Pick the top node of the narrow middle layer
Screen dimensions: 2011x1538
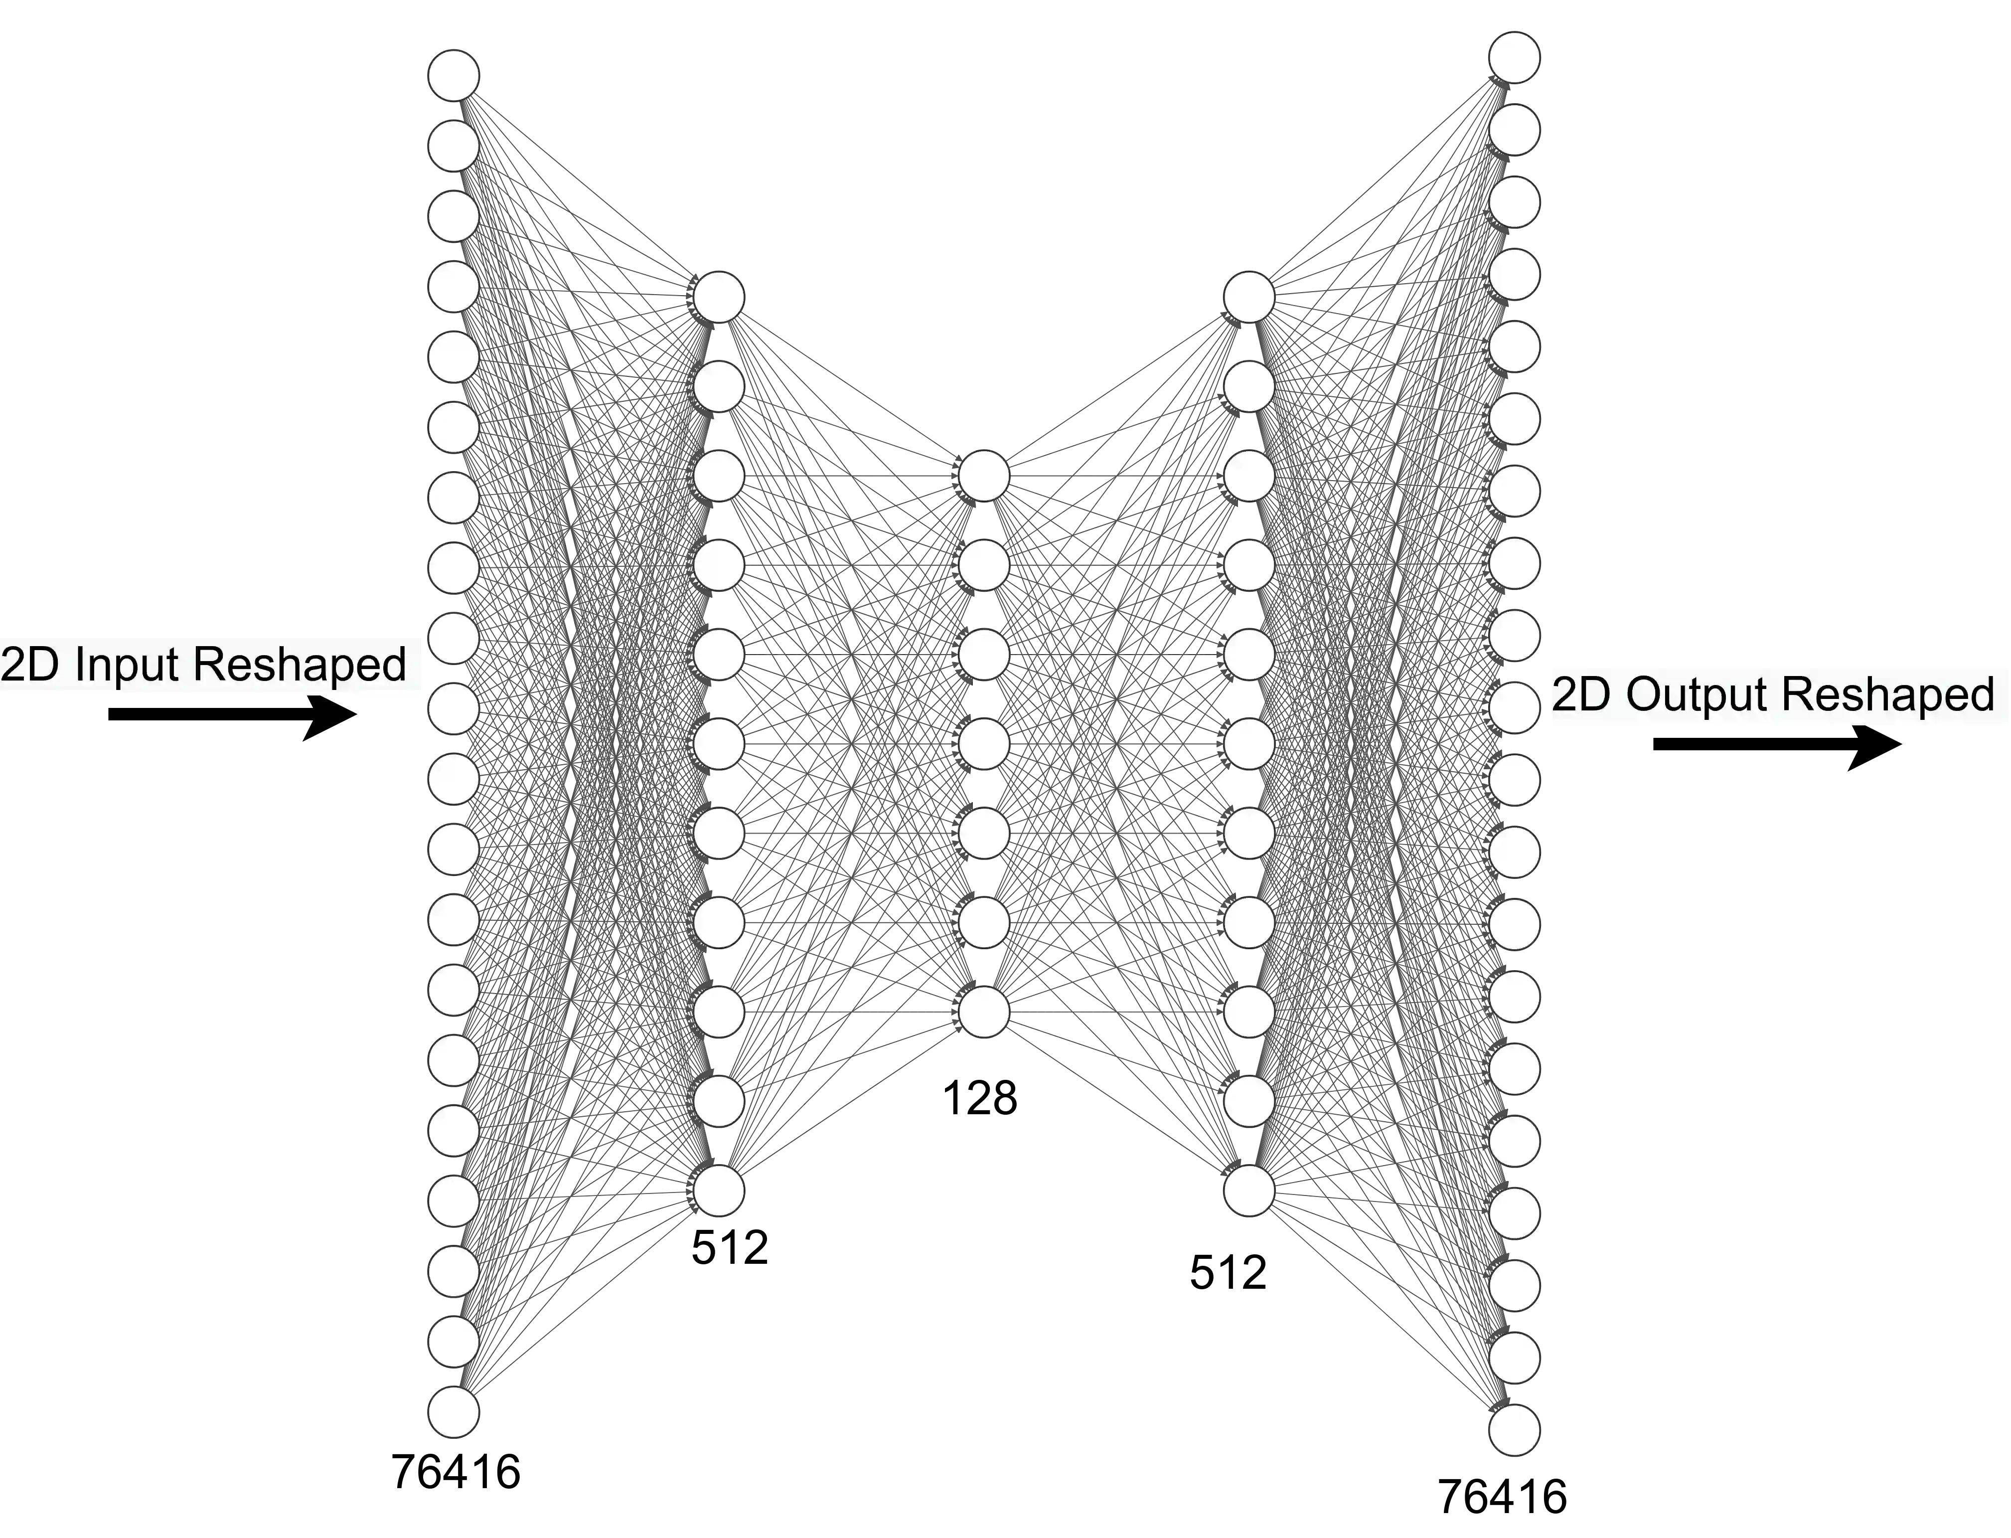click(x=984, y=476)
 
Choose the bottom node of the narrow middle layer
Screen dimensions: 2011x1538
click(x=984, y=1012)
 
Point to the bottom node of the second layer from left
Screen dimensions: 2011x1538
click(x=719, y=1190)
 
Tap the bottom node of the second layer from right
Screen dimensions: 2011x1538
click(x=1248, y=1190)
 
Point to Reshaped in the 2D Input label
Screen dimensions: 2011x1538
click(x=300, y=665)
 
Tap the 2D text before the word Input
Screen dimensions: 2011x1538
click(x=30, y=665)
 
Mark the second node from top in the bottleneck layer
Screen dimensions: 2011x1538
click(x=984, y=565)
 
